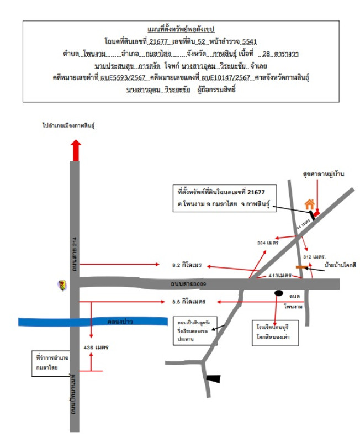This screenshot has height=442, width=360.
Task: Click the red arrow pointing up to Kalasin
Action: tap(76, 150)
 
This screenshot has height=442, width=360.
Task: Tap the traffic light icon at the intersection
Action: tap(63, 285)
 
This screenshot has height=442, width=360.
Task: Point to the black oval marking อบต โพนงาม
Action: tap(279, 293)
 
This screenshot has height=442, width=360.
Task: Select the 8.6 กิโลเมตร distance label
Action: tap(188, 302)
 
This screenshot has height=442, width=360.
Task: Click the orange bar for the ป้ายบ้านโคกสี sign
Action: tap(301, 267)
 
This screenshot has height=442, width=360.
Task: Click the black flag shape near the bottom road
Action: tap(213, 378)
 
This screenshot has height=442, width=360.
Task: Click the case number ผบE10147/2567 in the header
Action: tap(226, 78)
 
